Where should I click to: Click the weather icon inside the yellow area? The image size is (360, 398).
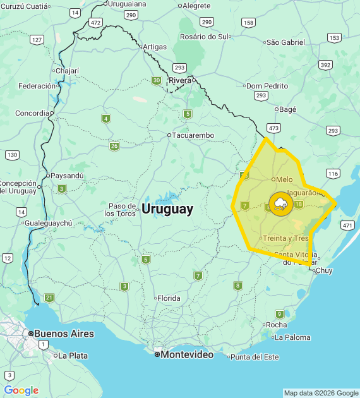280,204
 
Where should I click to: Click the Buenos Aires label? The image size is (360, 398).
64,334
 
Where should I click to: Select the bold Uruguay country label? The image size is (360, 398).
167,209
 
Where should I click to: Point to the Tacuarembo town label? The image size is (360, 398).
193,135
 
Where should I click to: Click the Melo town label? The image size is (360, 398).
284,179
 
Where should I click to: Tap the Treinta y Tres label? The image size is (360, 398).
285,238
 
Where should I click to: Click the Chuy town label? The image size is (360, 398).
323,270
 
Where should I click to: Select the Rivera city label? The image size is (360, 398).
180,80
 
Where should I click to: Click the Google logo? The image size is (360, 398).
21,390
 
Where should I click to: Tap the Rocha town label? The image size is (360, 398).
277,325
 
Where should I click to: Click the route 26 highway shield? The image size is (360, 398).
114,147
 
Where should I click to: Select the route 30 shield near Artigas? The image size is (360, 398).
156,80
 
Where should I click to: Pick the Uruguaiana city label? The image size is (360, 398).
127,4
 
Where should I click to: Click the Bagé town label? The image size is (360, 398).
287,109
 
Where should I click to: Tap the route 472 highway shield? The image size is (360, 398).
95,22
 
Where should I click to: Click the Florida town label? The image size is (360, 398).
169,298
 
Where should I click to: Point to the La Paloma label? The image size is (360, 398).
293,337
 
